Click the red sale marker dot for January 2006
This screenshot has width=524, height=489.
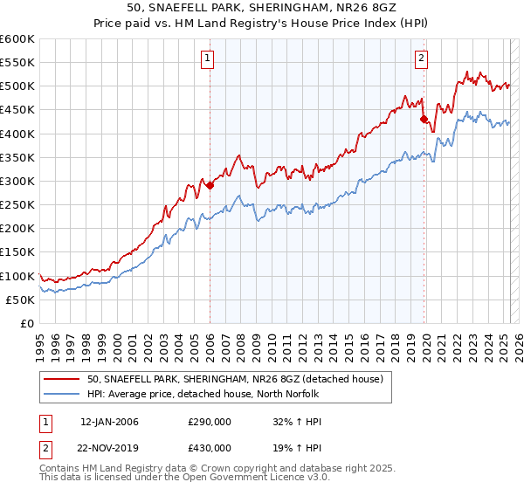pos(210,185)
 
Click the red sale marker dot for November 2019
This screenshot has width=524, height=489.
pos(424,120)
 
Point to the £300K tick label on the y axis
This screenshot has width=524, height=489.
pos(17,181)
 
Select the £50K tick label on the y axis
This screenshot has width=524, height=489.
pos(21,300)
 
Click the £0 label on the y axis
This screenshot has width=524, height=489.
pos(28,323)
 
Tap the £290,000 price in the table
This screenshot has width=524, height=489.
pos(210,422)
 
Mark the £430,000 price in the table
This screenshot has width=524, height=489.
pos(210,448)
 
